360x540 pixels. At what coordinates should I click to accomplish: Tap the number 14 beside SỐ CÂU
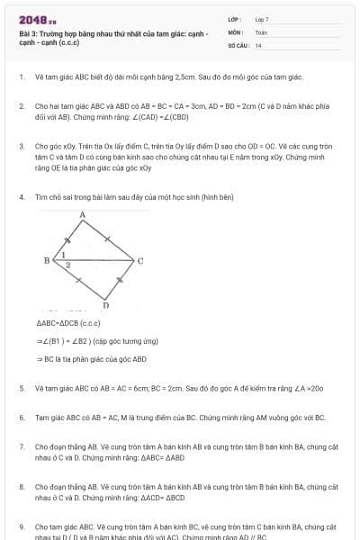pos(258,44)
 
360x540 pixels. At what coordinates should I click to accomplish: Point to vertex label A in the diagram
pos(82,215)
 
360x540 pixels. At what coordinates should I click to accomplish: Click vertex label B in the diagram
pos(46,260)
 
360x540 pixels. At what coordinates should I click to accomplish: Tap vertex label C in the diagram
pos(139,261)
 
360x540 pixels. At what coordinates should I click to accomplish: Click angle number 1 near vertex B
pos(64,256)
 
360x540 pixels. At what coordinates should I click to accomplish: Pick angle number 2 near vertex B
pos(67,266)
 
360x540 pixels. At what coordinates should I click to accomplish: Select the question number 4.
pos(21,195)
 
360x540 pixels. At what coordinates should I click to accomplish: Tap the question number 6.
pos(21,418)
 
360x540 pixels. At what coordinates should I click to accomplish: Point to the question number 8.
pos(21,486)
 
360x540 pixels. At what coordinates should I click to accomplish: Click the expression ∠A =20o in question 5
pos(303,388)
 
